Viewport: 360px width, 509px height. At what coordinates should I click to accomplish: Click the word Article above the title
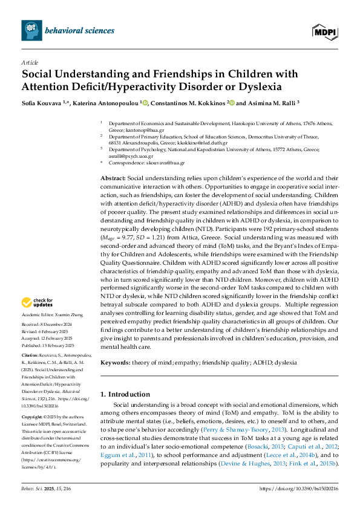(29, 62)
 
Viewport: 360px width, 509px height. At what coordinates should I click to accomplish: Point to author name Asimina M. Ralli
(269, 103)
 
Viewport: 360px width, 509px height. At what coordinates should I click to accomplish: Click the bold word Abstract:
(113, 180)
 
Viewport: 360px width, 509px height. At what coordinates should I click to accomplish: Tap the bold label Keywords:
(115, 362)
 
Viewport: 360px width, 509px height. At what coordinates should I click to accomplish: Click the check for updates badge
(36, 303)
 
